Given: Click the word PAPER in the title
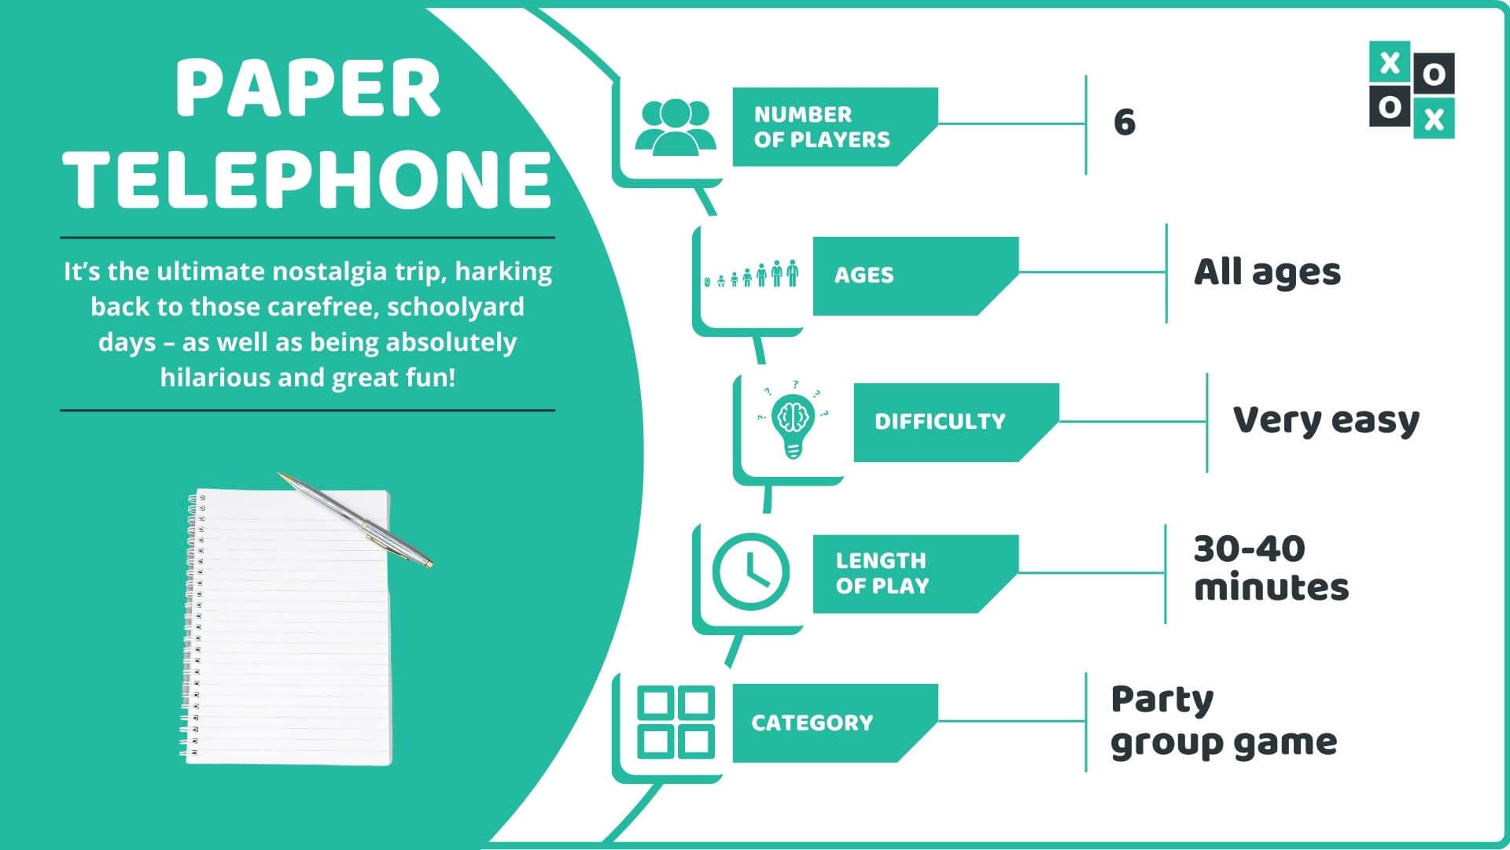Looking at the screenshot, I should (x=308, y=89).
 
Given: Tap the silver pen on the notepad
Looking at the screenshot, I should (x=355, y=519).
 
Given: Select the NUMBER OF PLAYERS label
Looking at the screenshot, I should (x=821, y=127).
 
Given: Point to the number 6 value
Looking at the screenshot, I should (x=1124, y=123).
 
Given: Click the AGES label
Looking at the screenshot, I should (x=864, y=275).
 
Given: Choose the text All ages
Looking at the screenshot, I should (x=1266, y=272).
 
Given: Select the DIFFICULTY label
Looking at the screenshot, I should (x=939, y=421).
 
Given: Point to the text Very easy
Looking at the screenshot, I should (x=1325, y=420).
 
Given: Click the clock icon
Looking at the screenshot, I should (x=750, y=571).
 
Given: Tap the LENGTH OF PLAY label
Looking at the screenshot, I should (x=882, y=573).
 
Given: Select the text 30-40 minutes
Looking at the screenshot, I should (x=1269, y=568).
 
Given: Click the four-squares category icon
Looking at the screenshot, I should (x=675, y=722).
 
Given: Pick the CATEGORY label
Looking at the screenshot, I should (x=812, y=722).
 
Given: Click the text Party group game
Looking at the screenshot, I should (x=1223, y=721).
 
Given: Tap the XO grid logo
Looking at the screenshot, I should (x=1411, y=89).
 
